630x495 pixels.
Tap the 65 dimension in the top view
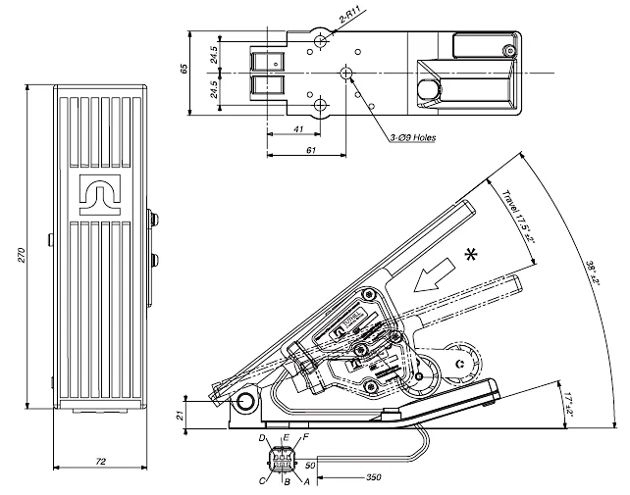184,70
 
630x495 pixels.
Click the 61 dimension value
310,150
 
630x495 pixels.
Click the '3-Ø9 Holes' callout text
412,138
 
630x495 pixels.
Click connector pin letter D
263,437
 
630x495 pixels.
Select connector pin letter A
307,481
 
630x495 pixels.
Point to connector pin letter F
305,436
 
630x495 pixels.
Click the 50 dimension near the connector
310,465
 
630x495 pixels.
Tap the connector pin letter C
262,480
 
